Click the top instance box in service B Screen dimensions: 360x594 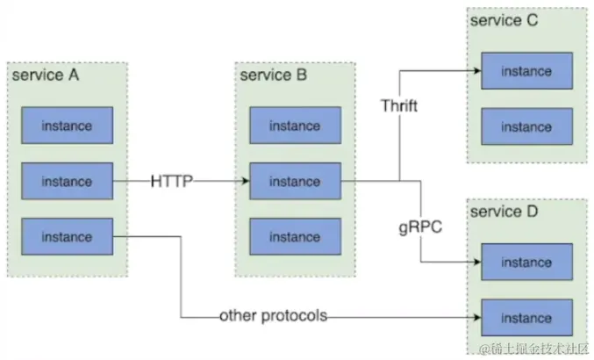coord(295,126)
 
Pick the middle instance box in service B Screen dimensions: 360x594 coord(295,182)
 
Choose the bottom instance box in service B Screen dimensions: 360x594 coord(295,237)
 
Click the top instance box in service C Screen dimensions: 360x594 coord(526,71)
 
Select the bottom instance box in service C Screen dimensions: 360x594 coord(526,126)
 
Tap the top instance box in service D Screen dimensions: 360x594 coord(526,262)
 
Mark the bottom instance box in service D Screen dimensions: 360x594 coord(526,318)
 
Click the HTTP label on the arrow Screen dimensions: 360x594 coord(172,182)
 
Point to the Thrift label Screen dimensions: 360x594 coord(399,106)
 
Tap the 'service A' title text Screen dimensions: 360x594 coord(45,76)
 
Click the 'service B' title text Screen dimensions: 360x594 coord(273,76)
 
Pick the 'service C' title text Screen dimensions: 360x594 coord(505,21)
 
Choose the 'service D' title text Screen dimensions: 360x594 coord(505,212)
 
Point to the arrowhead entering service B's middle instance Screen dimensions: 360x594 coord(245,182)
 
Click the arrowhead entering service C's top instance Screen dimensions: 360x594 coord(476,71)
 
